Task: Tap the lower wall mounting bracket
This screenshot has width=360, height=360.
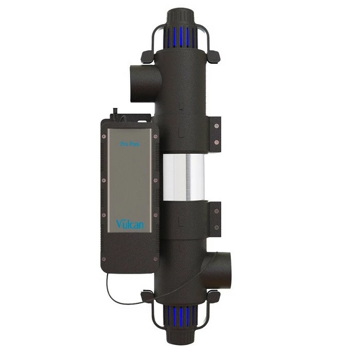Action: [215, 217]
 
